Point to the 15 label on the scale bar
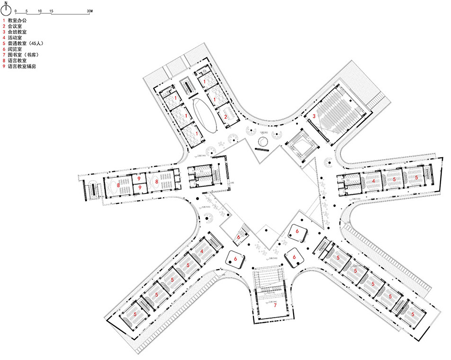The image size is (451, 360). point(51,10)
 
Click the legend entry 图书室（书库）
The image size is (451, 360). point(23,55)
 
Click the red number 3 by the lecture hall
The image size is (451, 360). point(313,115)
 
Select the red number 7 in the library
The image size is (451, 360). point(274,306)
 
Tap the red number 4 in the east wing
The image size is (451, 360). point(373,180)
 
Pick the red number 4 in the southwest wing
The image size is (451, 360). point(202,252)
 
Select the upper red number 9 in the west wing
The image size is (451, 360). point(139,178)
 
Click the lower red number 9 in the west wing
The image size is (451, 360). point(139,188)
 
